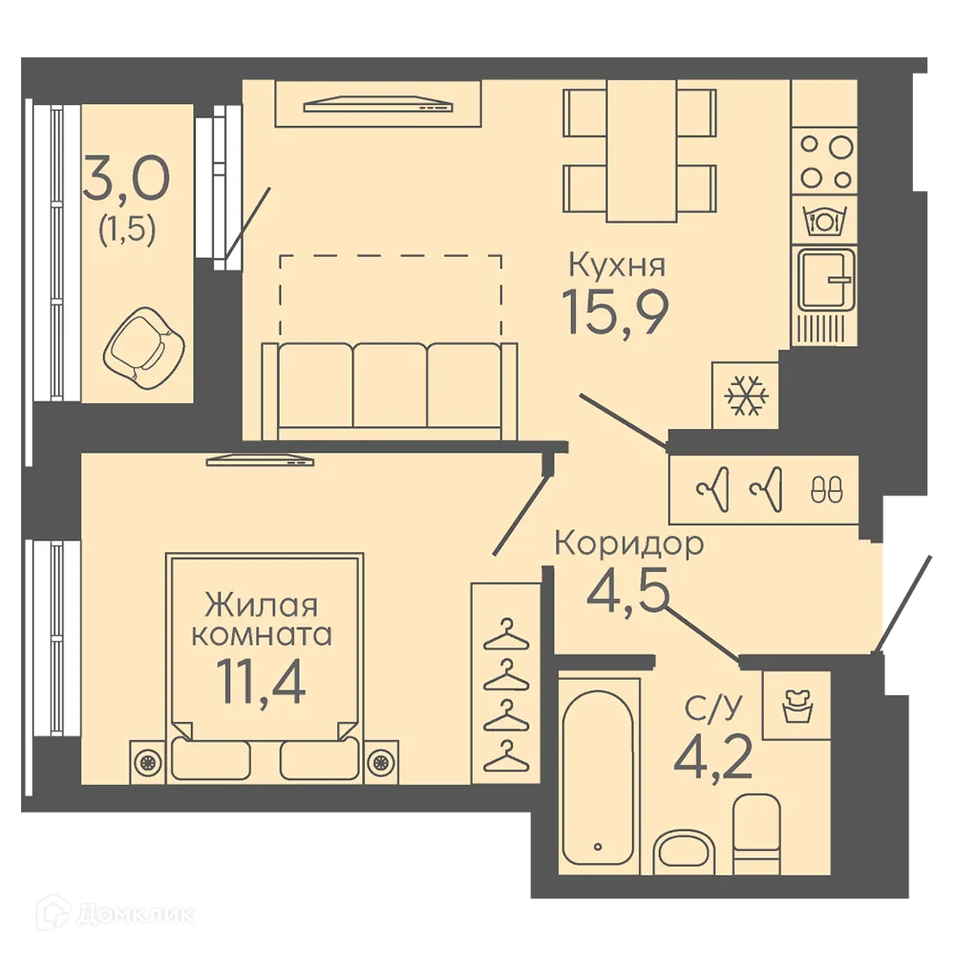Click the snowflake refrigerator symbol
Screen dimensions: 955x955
coord(746,395)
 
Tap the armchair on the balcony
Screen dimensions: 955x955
coord(144,348)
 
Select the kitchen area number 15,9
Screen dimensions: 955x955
coord(616,312)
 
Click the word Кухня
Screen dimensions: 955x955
coord(617,265)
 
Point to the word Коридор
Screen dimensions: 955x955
coord(629,543)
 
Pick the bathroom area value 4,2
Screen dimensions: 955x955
coord(713,757)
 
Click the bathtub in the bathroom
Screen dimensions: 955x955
coord(598,776)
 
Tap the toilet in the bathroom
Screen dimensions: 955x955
coord(756,834)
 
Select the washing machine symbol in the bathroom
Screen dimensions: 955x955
coord(797,706)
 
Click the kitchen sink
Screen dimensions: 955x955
coord(825,280)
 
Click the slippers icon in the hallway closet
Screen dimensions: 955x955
coord(827,489)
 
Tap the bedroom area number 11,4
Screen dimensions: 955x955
coord(261,683)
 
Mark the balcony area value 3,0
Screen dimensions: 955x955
coord(127,178)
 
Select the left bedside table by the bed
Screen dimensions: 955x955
coord(147,761)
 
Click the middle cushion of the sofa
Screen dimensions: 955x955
coord(390,386)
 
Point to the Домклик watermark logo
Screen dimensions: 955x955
coord(116,914)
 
